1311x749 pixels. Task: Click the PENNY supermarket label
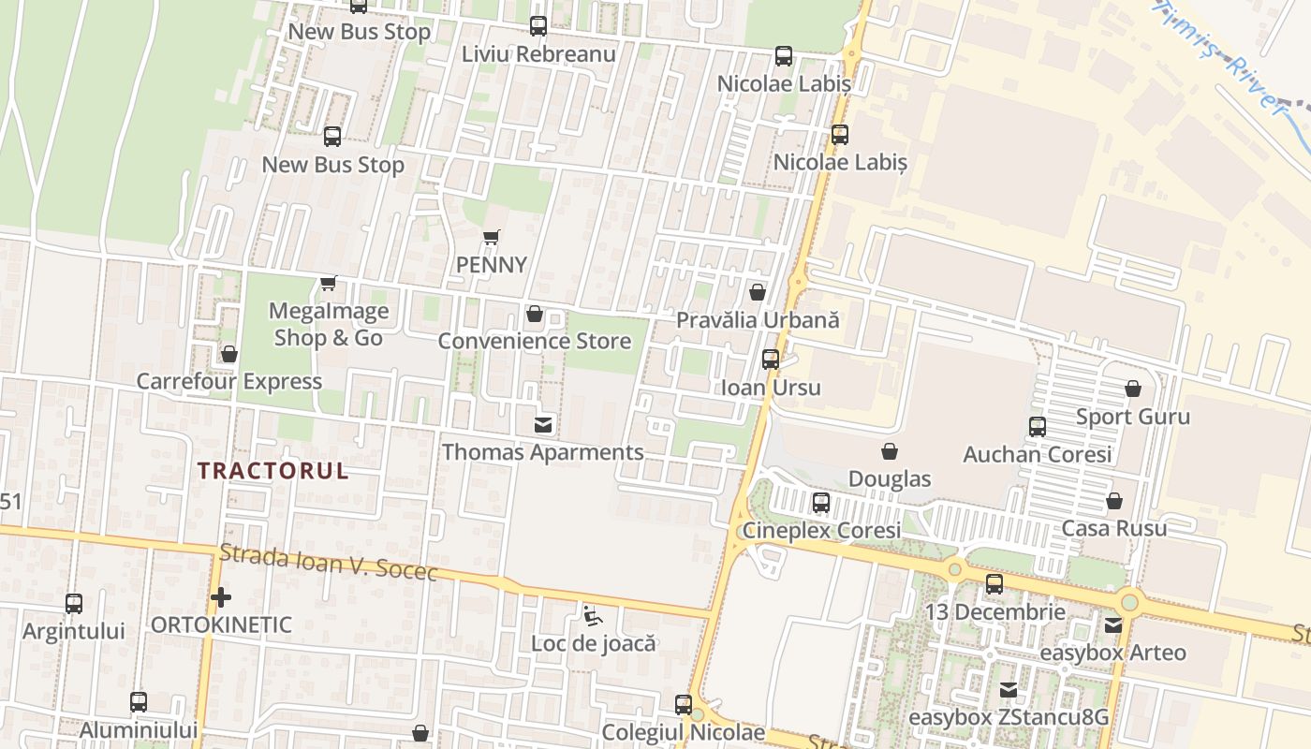(492, 265)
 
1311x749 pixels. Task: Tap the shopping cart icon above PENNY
(492, 237)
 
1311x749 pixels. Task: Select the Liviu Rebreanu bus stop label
(538, 54)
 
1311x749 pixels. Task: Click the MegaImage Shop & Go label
(329, 324)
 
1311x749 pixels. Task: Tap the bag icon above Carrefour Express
(229, 354)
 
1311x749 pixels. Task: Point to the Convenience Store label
(535, 341)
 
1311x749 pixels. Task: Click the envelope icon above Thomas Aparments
(542, 425)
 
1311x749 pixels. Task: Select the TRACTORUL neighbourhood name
(273, 471)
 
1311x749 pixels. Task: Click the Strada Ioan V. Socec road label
(329, 563)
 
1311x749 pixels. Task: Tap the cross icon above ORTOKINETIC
(221, 596)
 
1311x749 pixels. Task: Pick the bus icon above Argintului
(74, 604)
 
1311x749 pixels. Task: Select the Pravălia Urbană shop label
(758, 320)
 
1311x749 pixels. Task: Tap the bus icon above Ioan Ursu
(771, 360)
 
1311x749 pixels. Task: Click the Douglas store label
(890, 479)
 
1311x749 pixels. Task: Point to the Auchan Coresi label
(1038, 455)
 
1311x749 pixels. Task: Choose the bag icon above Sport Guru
(1133, 389)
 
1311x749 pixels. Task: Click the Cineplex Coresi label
(821, 531)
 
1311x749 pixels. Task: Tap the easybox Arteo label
(1112, 653)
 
